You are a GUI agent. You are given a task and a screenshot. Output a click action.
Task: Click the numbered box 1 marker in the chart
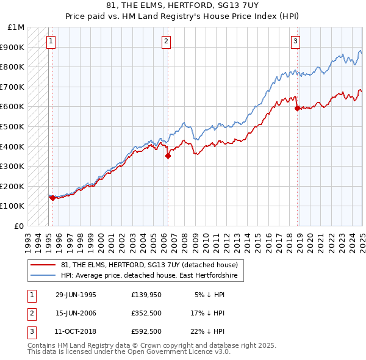point(50,41)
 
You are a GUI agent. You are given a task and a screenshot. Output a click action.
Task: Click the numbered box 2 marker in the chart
point(166,41)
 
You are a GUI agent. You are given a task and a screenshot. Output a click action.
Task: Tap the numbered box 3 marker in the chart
point(295,41)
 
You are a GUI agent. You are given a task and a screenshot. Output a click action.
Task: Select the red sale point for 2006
point(168,156)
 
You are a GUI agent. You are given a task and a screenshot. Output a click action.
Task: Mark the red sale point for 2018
point(297,108)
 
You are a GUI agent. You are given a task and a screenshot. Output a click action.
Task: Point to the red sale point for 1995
point(52,198)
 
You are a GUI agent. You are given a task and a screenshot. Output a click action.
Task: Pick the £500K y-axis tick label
point(13,126)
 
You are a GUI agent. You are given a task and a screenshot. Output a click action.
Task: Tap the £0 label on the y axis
point(19,226)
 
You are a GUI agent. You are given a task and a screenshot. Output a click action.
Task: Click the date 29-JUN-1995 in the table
point(76,295)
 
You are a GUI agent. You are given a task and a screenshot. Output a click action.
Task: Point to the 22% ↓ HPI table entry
point(207,331)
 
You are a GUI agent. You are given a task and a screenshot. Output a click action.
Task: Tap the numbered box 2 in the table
point(30,313)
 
